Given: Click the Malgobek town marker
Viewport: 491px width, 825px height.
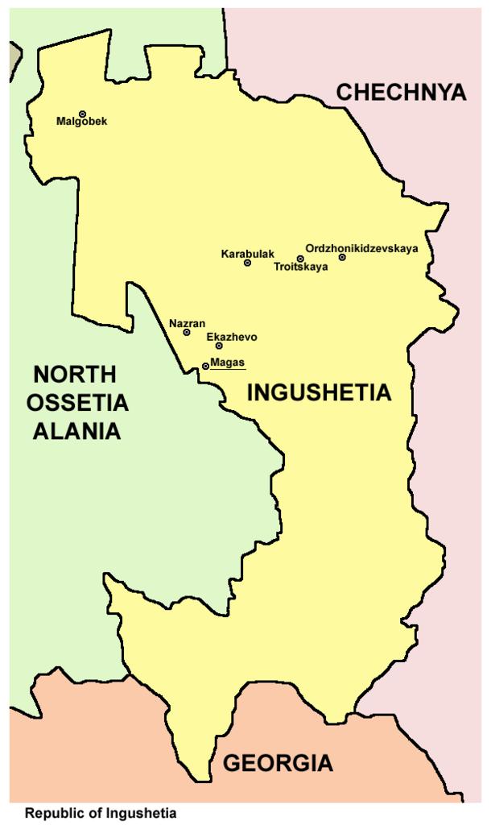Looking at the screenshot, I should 82,114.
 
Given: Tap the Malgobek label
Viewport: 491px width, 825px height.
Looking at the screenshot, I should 81,122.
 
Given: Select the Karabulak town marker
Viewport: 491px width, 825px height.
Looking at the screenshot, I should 247,263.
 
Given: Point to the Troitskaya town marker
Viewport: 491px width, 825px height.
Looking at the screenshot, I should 300,259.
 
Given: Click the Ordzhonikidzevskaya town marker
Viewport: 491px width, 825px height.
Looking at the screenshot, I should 342,257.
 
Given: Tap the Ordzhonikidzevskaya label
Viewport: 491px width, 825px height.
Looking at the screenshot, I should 362,248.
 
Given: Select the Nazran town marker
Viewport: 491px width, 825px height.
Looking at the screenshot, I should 187,332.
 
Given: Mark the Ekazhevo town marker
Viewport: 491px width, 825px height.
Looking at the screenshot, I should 219,346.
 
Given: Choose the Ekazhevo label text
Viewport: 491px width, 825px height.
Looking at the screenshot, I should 226,337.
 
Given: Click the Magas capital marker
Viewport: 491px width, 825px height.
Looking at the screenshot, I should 205,366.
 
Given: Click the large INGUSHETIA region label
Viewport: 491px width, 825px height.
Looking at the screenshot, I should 319,393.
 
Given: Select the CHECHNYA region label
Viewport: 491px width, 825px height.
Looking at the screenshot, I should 401,92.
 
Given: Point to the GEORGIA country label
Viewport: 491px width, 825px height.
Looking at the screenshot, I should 278,762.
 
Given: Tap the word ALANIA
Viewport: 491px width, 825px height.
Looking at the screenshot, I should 76,431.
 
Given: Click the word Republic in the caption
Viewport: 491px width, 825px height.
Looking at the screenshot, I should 50,813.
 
